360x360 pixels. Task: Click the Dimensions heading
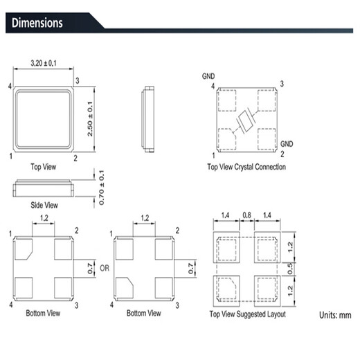[37, 23]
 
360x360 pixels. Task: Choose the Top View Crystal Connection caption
[246, 167]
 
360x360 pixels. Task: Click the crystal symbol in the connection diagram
[245, 123]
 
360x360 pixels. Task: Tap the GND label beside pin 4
[208, 75]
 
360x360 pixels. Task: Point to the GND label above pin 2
[286, 143]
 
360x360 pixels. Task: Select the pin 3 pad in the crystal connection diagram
[266, 101]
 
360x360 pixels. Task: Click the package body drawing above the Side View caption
[42, 188]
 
